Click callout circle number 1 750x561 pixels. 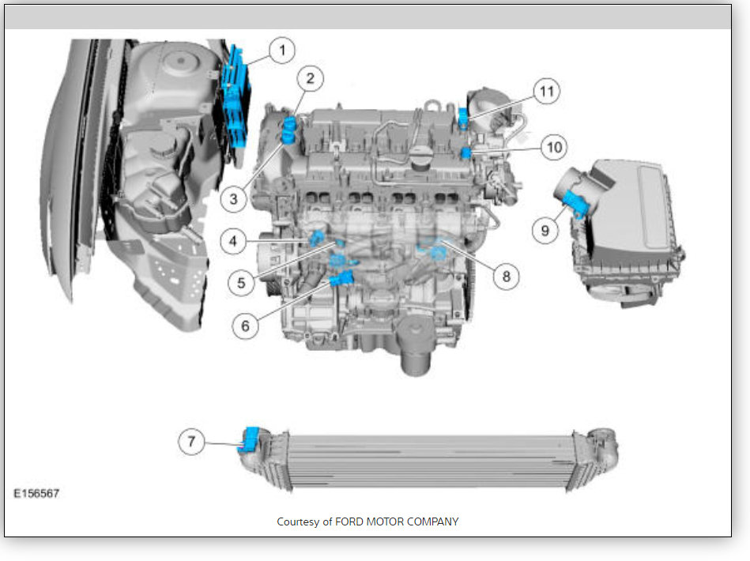(281, 51)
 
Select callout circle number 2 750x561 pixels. (310, 78)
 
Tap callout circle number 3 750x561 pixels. (233, 198)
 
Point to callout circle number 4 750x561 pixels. (233, 240)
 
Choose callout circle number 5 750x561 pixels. (241, 283)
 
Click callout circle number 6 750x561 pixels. (245, 326)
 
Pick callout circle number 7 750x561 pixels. (191, 441)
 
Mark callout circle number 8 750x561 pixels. (506, 276)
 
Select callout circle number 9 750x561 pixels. (545, 231)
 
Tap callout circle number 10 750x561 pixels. (554, 147)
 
